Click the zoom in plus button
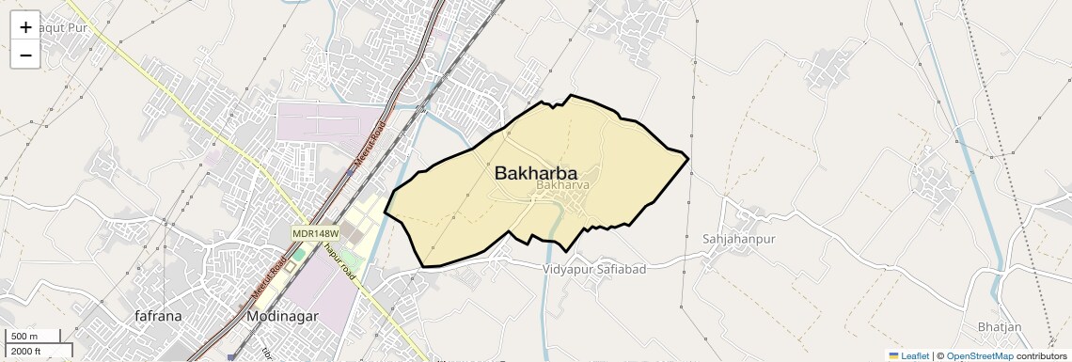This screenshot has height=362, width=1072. pos(25,27)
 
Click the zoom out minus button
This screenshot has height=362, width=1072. pos(25,55)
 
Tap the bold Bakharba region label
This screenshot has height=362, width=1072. pos(535,174)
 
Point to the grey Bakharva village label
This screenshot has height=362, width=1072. pos(562,186)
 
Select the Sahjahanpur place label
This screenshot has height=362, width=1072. pos(738,239)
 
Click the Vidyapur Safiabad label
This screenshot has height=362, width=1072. pos(594,270)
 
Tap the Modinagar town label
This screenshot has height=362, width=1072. pos(282,317)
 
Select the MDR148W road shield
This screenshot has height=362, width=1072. pos(315,232)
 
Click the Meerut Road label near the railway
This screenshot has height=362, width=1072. pos(369,145)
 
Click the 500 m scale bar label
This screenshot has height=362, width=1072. pos(25,337)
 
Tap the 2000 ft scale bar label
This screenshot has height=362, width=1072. pos(26,351)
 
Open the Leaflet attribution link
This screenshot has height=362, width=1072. pos(915,356)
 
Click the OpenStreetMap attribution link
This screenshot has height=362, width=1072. pos(980,356)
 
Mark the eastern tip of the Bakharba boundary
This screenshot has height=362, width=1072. pos(689,158)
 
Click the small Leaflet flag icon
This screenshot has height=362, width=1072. pos(893,356)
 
